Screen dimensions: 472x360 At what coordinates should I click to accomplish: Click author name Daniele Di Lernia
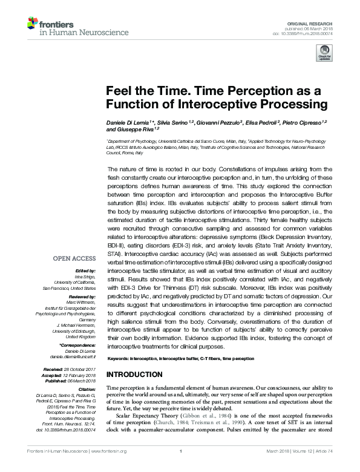(x=130, y=123)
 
